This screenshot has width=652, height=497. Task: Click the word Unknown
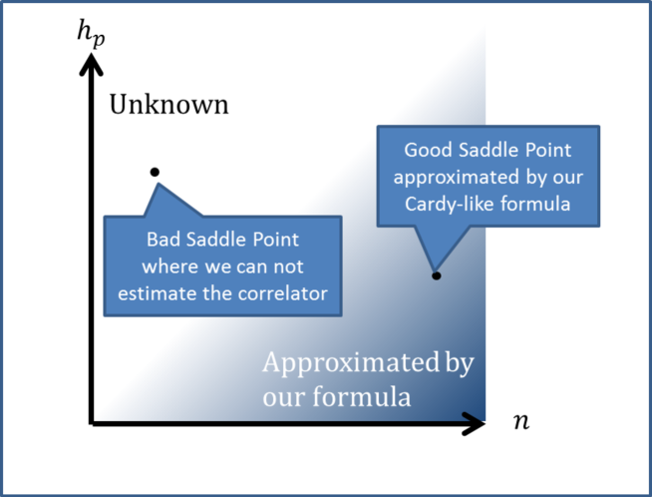[x=168, y=105]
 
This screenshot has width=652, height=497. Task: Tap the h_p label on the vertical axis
[x=90, y=32]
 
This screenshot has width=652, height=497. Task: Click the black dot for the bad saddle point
[x=155, y=172]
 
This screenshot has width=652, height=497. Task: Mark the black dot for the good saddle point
[x=436, y=274]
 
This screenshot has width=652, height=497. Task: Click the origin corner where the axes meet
[x=93, y=424]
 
